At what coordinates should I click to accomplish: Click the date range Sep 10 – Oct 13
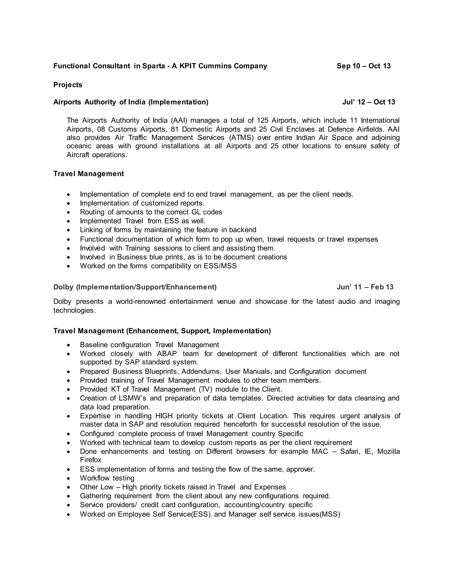[363, 66]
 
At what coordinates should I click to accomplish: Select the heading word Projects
[68, 85]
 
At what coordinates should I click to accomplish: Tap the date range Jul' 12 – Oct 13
[369, 102]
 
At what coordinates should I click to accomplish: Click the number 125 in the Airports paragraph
[263, 120]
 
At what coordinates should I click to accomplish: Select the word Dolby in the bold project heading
[63, 287]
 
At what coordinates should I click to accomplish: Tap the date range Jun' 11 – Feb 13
[365, 287]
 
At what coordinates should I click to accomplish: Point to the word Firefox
[90, 460]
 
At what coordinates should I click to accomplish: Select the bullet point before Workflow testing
[69, 478]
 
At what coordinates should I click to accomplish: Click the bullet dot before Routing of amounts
[69, 212]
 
